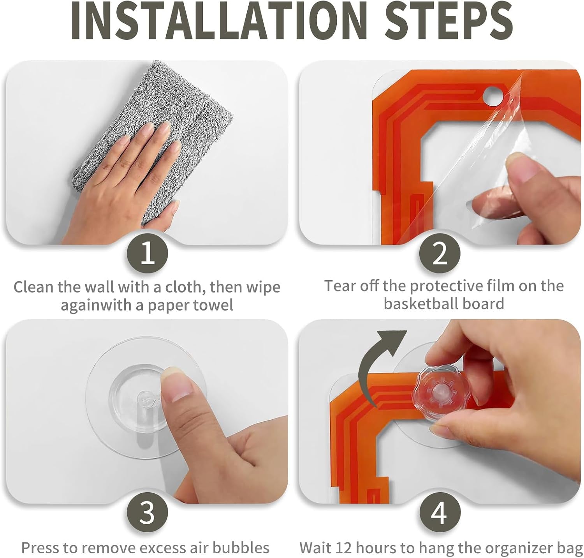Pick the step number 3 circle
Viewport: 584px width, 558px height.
(x=148, y=512)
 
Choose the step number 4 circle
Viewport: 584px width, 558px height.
(x=440, y=512)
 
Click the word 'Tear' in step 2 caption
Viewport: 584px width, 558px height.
(x=340, y=286)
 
